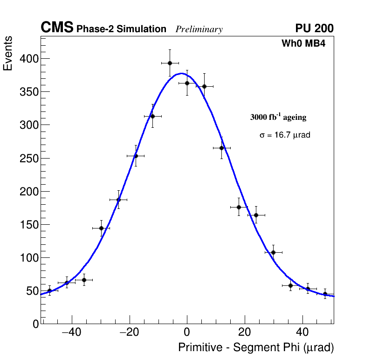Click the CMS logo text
click(x=57, y=28)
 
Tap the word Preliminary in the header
click(x=199, y=29)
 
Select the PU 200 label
click(x=314, y=28)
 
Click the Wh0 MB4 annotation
click(x=303, y=44)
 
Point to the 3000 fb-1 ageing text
click(x=278, y=118)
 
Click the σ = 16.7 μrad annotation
click(x=285, y=135)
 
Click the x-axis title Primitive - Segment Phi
click(x=256, y=348)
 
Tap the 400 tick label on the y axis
click(x=28, y=59)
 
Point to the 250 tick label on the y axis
click(x=28, y=159)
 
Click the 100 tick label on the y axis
click(x=28, y=258)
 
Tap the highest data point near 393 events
click(x=170, y=63)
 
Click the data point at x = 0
click(x=187, y=83)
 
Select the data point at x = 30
click(x=274, y=252)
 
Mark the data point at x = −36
click(x=84, y=280)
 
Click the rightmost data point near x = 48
click(x=325, y=294)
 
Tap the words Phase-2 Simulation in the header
click(x=121, y=29)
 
